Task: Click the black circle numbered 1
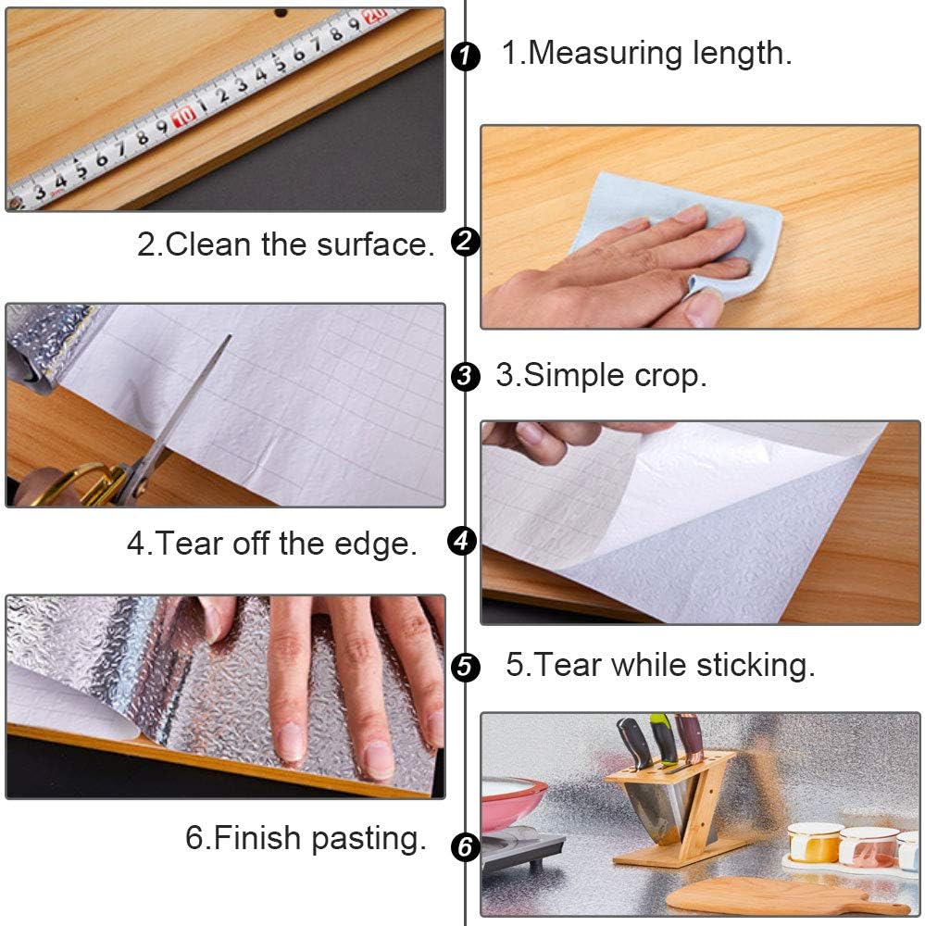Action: [465, 56]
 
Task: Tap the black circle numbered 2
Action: [465, 242]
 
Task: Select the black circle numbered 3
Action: [465, 376]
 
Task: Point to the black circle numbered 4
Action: [463, 541]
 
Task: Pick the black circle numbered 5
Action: [465, 668]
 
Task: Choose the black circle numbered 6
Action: [465, 847]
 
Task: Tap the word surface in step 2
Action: [375, 244]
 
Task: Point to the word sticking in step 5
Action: [756, 666]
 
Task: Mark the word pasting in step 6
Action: [369, 839]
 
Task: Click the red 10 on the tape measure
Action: [183, 115]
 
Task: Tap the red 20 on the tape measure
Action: [375, 15]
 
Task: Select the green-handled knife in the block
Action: [661, 738]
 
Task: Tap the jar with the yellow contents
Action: [815, 844]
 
